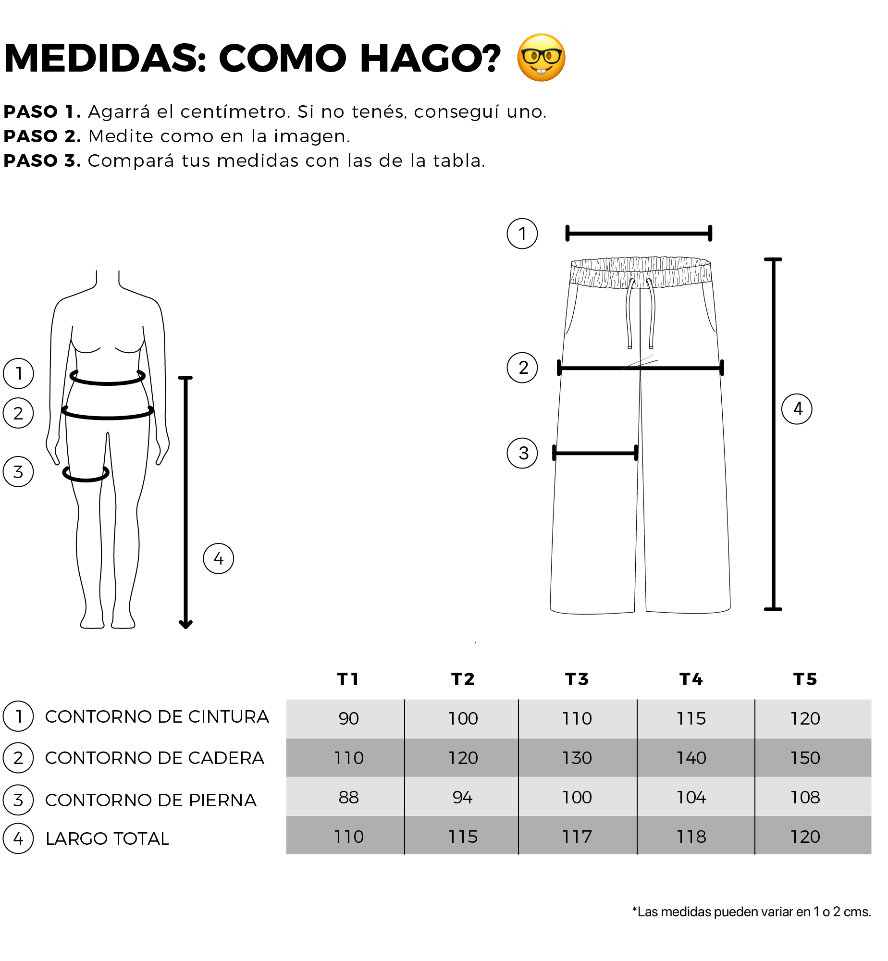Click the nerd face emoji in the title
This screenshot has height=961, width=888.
tap(541, 58)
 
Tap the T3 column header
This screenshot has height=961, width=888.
tap(577, 679)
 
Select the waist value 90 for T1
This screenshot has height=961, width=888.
tap(348, 718)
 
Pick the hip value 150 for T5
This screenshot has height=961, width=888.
tap(805, 758)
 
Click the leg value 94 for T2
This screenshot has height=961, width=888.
tap(462, 797)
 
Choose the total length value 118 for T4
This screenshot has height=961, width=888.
tap(691, 837)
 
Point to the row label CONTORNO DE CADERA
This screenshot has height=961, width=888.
tap(155, 758)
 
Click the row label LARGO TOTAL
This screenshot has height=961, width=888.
tap(107, 838)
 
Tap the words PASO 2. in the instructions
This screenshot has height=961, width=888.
tap(42, 136)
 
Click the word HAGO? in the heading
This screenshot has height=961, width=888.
tap(431, 58)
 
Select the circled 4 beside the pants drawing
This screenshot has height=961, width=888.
tap(797, 409)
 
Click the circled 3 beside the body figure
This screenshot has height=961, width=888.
tap(18, 472)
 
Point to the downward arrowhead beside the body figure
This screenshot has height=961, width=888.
tap(185, 624)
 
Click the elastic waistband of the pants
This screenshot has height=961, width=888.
tap(641, 272)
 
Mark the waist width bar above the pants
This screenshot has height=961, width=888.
tap(639, 234)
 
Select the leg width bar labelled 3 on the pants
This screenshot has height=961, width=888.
tap(595, 453)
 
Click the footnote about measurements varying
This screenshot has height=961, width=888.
tap(752, 912)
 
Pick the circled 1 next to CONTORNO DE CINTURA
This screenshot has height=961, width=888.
tap(18, 716)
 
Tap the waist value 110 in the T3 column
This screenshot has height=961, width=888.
tap(577, 718)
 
